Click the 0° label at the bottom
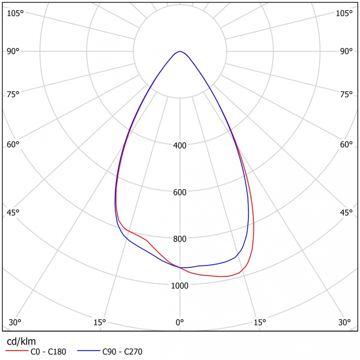click(180, 322)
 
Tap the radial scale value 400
click(180, 145)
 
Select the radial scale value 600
click(180, 192)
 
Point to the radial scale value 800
click(180, 238)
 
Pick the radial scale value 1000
click(180, 285)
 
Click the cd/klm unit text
click(20, 341)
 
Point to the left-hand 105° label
click(15, 13)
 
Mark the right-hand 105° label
click(345, 13)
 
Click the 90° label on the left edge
click(13, 51)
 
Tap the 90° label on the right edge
click(346, 51)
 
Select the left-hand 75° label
click(13, 94)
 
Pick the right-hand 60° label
click(346, 144)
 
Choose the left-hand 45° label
click(13, 212)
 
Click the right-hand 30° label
click(345, 322)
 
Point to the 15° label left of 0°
click(99, 322)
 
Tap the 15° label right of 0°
click(260, 322)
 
